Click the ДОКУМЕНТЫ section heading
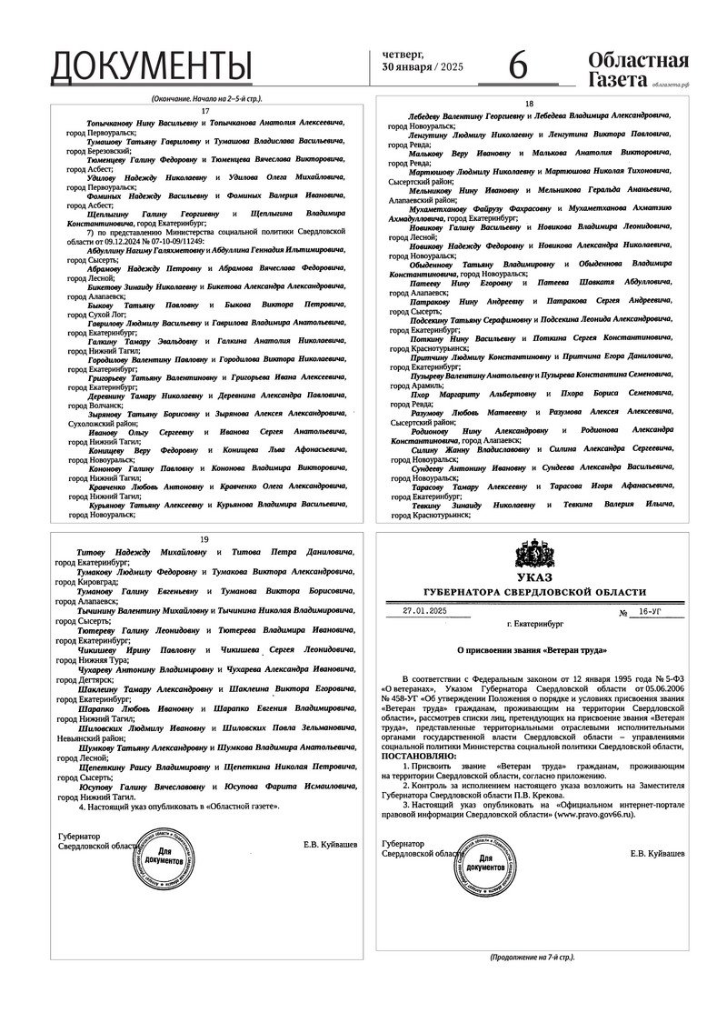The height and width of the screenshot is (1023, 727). pos(151,66)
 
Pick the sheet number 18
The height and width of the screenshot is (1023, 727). pos(529,104)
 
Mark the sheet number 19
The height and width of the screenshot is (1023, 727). pos(204,538)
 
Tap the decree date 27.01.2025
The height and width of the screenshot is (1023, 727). pos(426,612)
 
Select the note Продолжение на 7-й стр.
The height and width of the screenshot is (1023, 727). pos(532,958)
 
